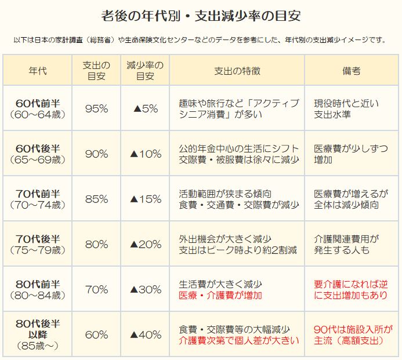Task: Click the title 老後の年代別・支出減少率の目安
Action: point(201,15)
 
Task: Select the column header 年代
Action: point(38,71)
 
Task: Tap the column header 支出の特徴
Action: point(237,71)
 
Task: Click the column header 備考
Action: point(352,71)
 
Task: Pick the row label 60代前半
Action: point(38,103)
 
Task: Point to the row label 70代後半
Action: point(38,239)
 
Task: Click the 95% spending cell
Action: point(96,108)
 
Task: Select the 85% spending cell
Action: point(96,199)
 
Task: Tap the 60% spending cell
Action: point(96,334)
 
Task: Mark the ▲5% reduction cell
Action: point(145,108)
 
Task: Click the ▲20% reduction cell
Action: point(145,244)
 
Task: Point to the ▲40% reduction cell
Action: point(145,334)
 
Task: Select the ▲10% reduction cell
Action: point(145,154)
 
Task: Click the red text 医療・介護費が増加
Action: point(221,295)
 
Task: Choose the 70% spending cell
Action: point(96,289)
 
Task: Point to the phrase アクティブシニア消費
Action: point(244,108)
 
